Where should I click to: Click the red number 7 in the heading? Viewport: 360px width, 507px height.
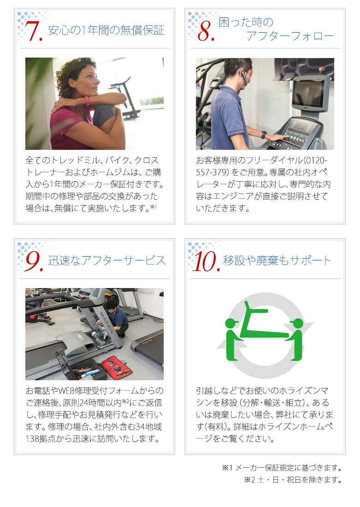pos(34,31)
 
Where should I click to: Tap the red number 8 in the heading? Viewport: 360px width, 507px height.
pos(206,31)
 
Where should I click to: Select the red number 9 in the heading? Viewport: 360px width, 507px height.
pos(34,261)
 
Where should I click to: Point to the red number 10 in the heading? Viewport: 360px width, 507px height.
pos(205,261)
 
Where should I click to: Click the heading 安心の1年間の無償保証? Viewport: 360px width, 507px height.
pos(106,31)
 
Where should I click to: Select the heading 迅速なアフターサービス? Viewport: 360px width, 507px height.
pos(107,260)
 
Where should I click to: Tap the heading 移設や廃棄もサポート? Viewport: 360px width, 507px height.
pos(277,260)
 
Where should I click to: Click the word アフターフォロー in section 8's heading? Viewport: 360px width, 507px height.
pos(290,36)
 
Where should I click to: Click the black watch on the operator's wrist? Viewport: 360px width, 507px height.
pos(264,135)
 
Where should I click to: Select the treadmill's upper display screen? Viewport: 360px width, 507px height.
pos(308,94)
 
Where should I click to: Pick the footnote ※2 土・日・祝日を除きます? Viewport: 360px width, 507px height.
pos(293,480)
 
